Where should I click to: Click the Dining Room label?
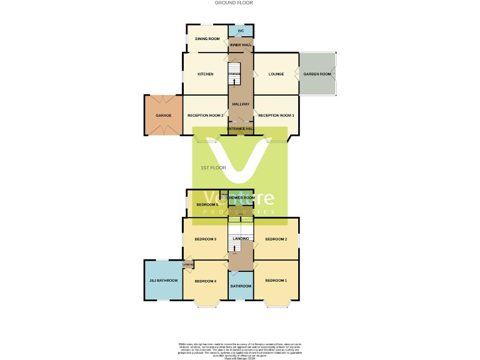pos(207,39)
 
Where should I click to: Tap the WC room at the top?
pos(241,30)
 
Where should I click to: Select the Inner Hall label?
pos(241,45)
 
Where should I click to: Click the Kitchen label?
pos(206,74)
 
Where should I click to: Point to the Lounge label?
pos(276,74)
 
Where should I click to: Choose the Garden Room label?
pos(317,74)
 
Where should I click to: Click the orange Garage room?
pos(164,115)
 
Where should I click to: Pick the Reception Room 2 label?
pos(206,115)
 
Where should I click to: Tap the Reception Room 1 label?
pos(276,115)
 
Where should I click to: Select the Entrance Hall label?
pos(241,129)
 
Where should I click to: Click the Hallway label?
pos(241,104)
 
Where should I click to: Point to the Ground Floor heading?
pos(234,2)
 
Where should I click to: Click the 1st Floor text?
pos(213,167)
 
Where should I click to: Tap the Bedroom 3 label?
pos(206,239)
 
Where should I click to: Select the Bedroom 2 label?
pos(276,239)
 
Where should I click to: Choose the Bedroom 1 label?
pos(276,281)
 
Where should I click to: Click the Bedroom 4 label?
pos(206,281)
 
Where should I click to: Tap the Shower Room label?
pos(241,197)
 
